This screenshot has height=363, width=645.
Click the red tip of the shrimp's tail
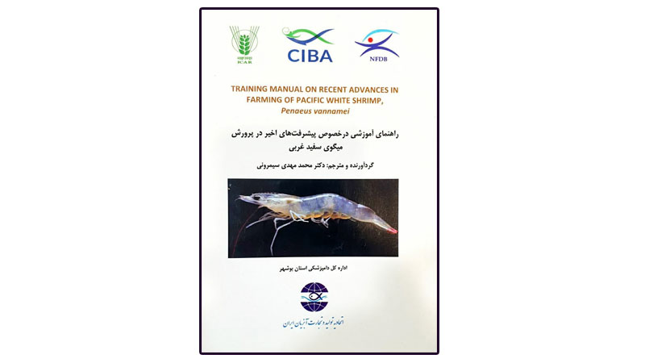(393, 229)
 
